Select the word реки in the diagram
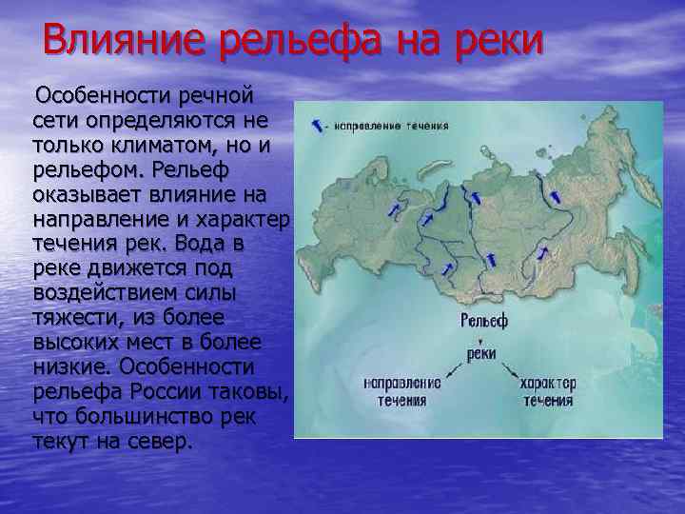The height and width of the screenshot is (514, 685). (481, 353)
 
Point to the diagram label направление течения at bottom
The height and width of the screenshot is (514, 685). (402, 391)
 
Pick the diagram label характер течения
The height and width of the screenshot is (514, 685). (546, 391)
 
